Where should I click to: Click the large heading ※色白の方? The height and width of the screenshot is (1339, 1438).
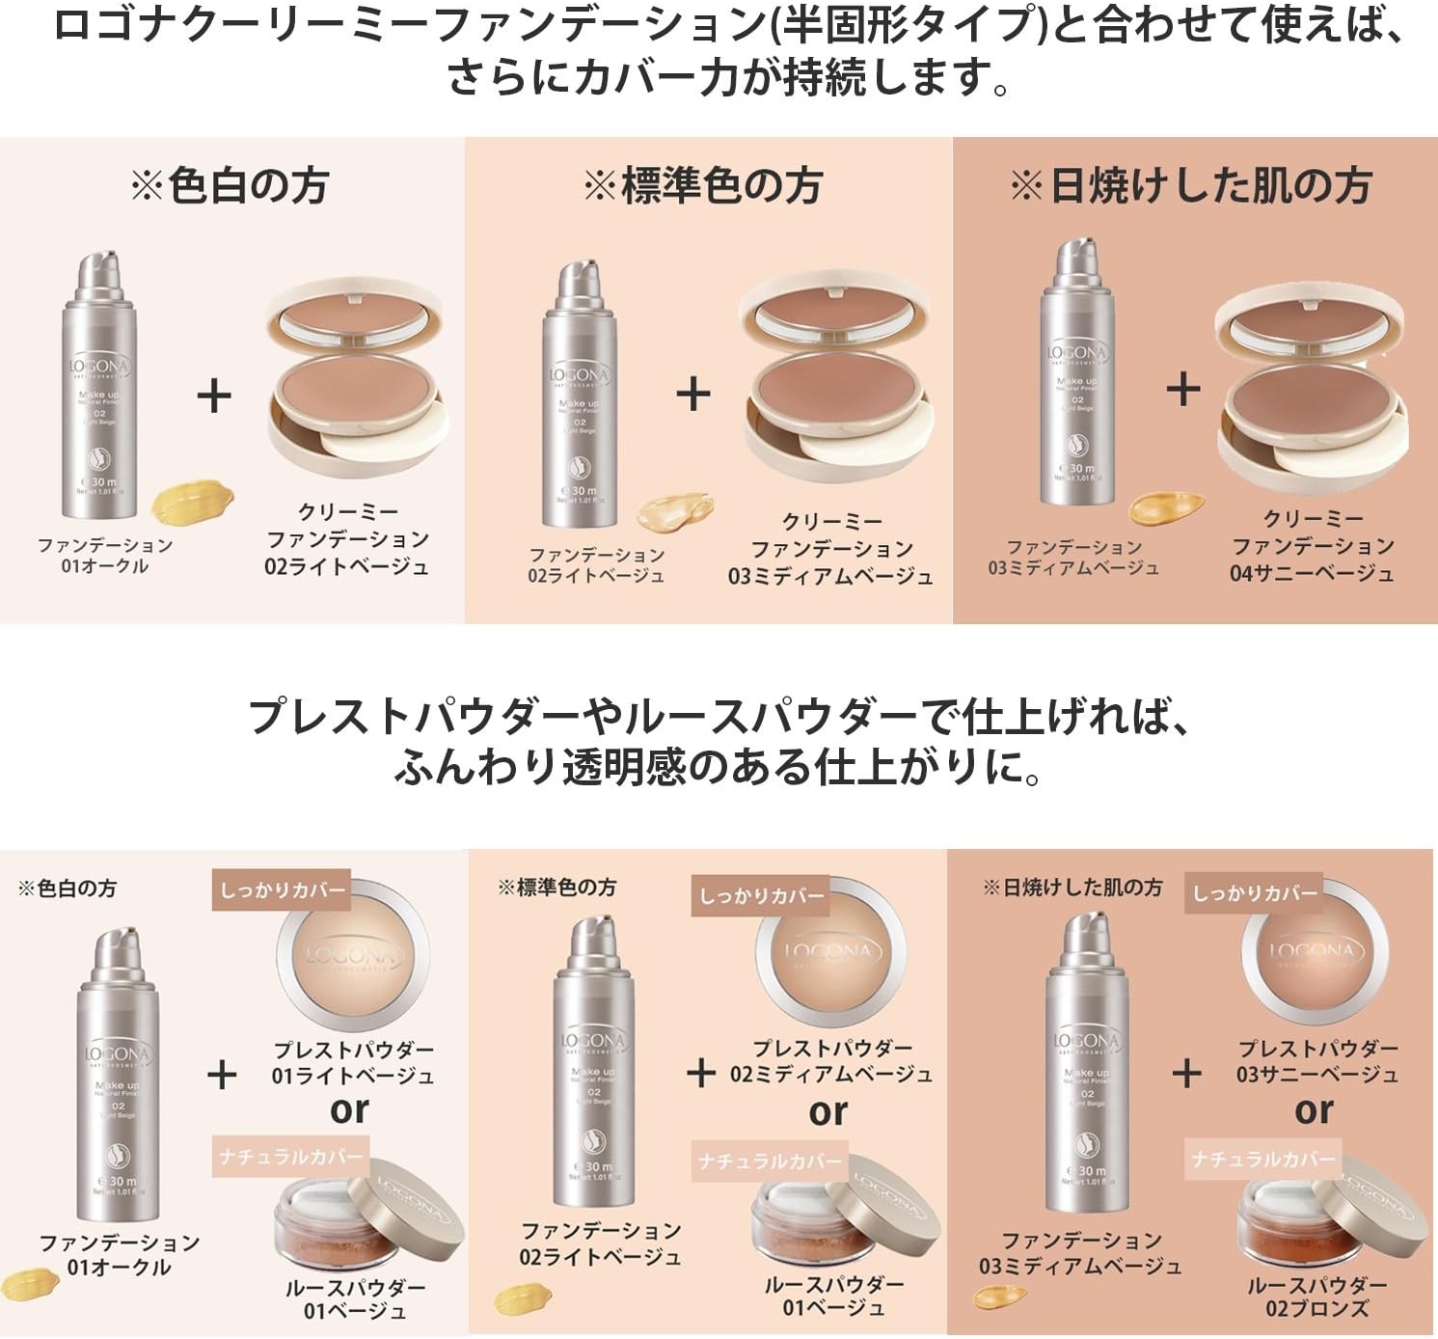230,185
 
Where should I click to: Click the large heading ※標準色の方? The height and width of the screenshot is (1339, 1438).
702,185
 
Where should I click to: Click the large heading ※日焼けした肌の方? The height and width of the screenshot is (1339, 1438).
1191,185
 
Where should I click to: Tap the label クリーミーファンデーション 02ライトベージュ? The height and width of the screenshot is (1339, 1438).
347,539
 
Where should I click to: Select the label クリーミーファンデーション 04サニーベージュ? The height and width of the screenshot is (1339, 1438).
1312,546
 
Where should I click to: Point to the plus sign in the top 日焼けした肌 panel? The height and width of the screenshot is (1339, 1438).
1183,390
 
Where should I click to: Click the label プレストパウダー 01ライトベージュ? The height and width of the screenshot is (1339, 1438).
353,1062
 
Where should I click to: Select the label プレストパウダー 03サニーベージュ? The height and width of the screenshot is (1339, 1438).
1317,1061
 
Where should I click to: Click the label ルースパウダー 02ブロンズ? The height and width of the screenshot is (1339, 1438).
1316,1297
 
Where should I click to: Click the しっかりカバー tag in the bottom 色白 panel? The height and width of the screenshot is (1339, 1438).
282,889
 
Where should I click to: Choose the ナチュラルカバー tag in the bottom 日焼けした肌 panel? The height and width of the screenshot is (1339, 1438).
1263,1158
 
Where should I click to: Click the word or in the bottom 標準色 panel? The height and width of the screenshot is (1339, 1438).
828,1111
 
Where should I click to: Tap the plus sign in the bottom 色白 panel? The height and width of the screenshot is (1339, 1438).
222,1074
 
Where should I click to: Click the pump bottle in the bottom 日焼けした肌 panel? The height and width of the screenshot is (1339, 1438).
1086,1061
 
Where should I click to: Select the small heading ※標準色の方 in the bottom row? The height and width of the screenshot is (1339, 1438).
557,888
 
